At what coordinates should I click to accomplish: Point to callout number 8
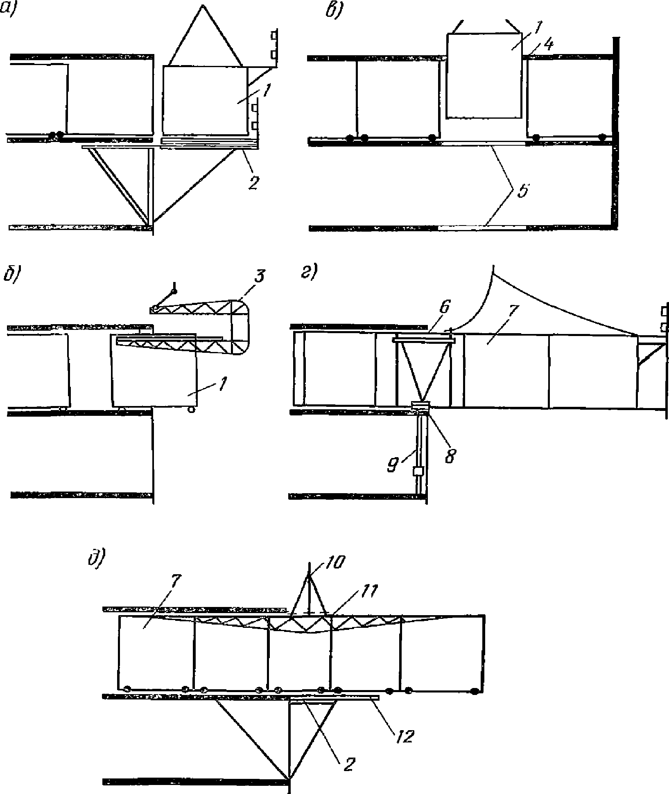coord(450,455)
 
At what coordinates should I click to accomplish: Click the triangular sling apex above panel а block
coord(202,5)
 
